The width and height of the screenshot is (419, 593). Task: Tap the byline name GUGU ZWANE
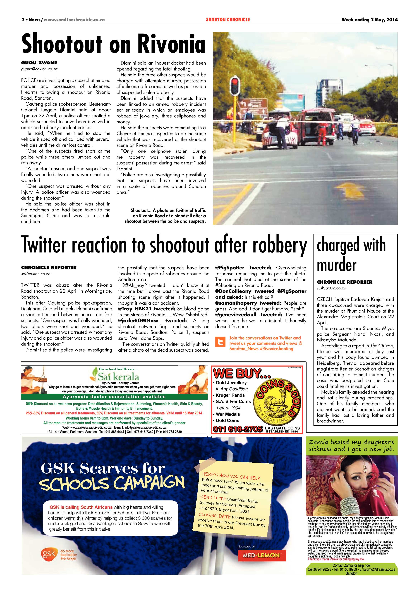(39, 63)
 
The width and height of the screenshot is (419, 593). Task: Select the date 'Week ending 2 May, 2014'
(369, 20)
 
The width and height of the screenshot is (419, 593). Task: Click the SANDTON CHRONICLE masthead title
(228, 20)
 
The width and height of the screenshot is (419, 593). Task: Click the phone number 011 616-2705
(237, 429)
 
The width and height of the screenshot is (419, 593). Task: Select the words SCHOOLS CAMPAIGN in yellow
(112, 483)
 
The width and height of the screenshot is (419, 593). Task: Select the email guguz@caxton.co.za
(39, 69)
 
